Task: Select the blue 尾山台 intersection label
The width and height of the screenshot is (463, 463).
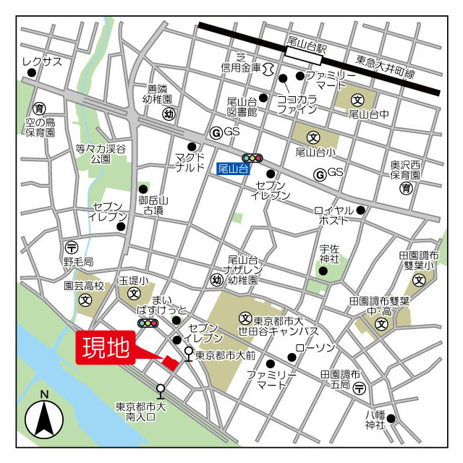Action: [x=232, y=169]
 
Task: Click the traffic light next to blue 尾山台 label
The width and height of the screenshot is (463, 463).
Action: [x=252, y=157]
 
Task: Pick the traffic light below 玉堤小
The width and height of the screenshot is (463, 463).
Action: [x=148, y=323]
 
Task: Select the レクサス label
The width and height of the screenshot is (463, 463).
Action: [x=42, y=61]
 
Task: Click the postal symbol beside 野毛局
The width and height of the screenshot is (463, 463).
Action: [x=71, y=247]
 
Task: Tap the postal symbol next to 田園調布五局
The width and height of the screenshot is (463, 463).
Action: [x=360, y=388]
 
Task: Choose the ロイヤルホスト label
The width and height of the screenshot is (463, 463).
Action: [x=334, y=215]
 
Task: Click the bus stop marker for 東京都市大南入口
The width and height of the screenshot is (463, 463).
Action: [x=161, y=391]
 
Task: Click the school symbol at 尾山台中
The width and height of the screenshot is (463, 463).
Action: [x=357, y=99]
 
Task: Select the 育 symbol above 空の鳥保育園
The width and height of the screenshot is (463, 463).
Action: [x=40, y=108]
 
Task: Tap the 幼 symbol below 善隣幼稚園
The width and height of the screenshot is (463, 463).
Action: [x=169, y=114]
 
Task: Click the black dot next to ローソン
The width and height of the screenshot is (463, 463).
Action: [x=292, y=357]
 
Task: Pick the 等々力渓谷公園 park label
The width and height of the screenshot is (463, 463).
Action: [x=101, y=153]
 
